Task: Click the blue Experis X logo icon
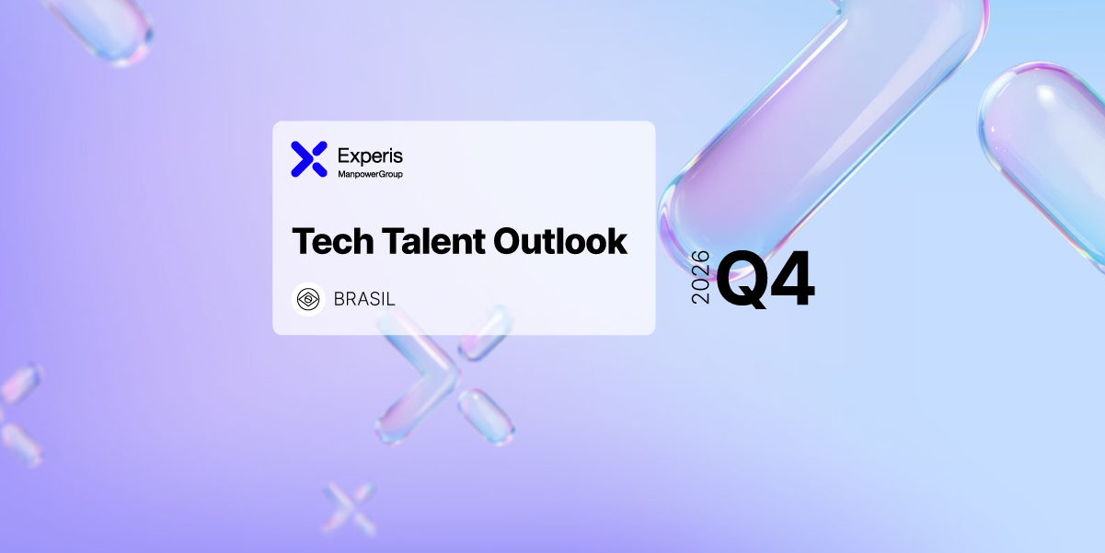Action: click(x=309, y=159)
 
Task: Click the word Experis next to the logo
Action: click(x=370, y=156)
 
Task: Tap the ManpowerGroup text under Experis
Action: click(x=370, y=174)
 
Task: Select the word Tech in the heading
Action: click(x=333, y=241)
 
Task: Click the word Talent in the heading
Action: click(x=433, y=241)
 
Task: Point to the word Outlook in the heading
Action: click(x=560, y=241)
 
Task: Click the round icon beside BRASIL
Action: click(x=308, y=299)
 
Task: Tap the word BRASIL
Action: click(x=364, y=299)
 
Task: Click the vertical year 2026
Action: click(x=700, y=277)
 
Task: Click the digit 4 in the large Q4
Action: click(x=791, y=278)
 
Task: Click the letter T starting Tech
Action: click(x=305, y=241)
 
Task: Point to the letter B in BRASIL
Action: click(x=340, y=299)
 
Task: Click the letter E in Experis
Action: click(x=344, y=156)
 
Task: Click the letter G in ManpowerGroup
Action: click(x=383, y=174)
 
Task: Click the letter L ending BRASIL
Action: click(x=390, y=299)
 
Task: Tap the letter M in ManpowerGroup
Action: click(x=342, y=174)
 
